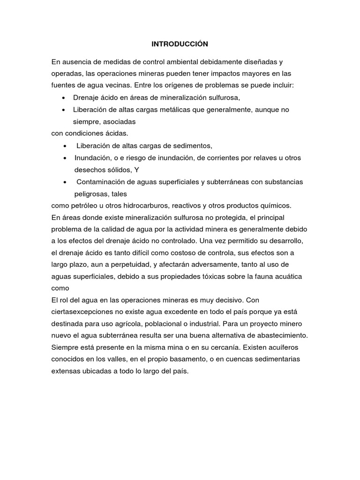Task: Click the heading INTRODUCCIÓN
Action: tap(180, 44)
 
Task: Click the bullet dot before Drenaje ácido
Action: tap(63, 97)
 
